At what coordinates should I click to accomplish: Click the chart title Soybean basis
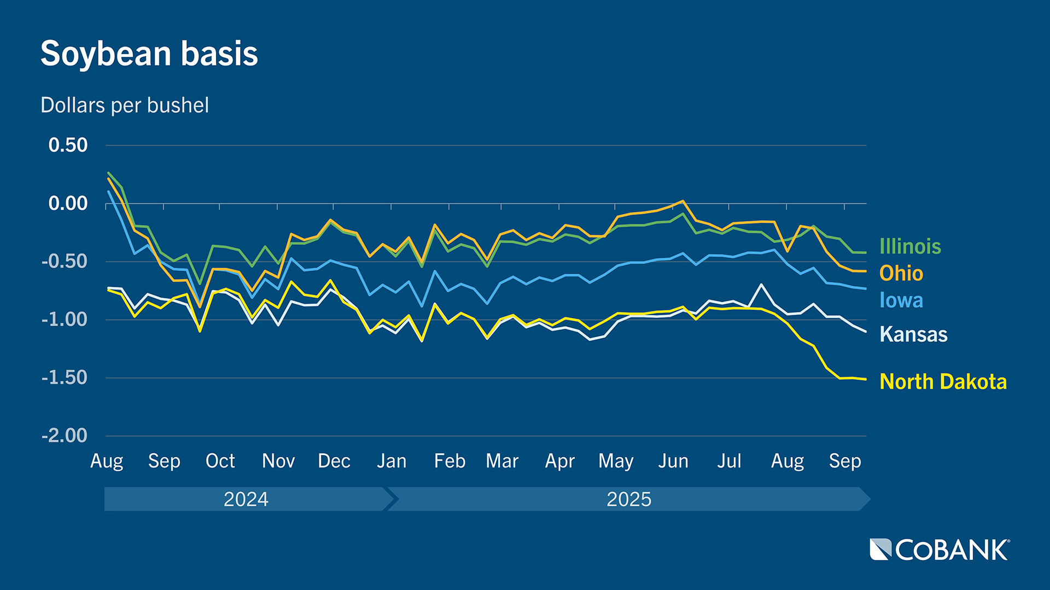[x=149, y=54]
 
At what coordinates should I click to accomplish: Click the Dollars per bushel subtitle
[x=125, y=105]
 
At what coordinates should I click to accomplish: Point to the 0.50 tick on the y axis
[x=68, y=145]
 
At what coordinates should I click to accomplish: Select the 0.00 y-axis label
[x=68, y=204]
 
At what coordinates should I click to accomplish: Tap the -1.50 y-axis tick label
[x=65, y=377]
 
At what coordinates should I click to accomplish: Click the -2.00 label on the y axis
[x=65, y=436]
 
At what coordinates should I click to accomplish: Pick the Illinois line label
[x=910, y=247]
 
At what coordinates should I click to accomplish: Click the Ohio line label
[x=901, y=274]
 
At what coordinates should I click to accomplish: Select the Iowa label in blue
[x=901, y=300]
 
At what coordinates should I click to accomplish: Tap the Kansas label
[x=913, y=334]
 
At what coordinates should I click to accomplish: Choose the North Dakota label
[x=943, y=382]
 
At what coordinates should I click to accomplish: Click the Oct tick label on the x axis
[x=220, y=461]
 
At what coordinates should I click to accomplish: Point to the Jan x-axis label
[x=392, y=461]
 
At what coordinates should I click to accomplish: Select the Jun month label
[x=673, y=461]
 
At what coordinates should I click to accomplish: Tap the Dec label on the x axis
[x=334, y=461]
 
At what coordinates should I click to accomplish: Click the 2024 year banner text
[x=246, y=499]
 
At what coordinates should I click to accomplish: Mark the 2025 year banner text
[x=629, y=499]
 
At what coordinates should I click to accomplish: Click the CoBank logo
[x=940, y=550]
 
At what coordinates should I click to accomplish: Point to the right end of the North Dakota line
[x=866, y=379]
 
